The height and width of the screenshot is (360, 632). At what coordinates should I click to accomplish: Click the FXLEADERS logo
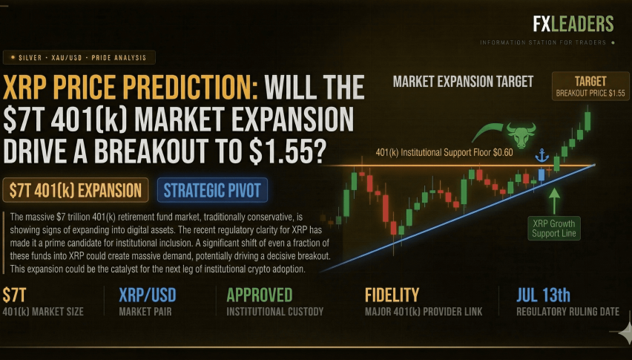(573, 24)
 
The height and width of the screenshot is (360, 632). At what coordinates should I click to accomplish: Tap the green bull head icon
(521, 135)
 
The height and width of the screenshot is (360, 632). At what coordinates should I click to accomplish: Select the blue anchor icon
(542, 155)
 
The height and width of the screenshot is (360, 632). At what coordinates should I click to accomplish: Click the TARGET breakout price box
(590, 86)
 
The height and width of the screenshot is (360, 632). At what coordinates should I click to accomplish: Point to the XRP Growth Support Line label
(554, 229)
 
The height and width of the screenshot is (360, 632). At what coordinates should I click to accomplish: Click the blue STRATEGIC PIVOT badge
(212, 190)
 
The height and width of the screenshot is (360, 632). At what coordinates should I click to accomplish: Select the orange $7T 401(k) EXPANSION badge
(76, 190)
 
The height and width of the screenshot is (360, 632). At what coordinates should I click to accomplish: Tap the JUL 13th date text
(543, 295)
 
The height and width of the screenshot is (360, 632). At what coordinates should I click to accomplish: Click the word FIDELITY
(392, 295)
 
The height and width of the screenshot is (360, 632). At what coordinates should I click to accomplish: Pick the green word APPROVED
(259, 295)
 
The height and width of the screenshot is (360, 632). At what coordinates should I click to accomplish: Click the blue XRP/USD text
(148, 295)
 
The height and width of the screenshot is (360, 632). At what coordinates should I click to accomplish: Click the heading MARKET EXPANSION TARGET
(463, 82)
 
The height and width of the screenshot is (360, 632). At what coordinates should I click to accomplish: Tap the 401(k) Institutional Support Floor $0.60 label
(444, 152)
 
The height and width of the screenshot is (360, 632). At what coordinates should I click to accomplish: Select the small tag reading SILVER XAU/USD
(79, 58)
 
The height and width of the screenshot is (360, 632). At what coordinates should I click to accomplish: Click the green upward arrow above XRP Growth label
(554, 200)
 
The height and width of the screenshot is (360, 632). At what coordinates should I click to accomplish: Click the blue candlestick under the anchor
(542, 175)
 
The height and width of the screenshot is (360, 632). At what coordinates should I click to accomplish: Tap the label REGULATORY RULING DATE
(567, 312)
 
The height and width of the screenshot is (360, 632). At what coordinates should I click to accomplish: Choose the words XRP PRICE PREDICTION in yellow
(130, 87)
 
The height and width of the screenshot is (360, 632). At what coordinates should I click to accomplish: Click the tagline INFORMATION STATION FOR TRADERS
(543, 42)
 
